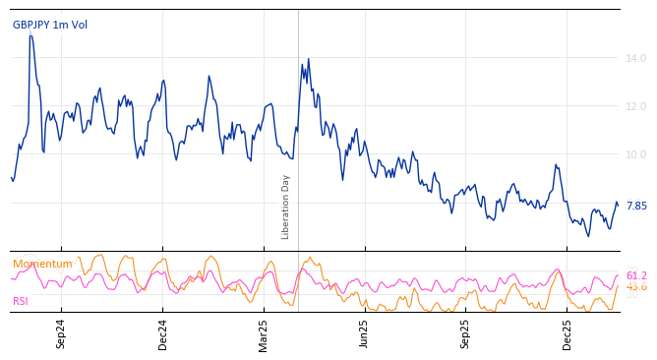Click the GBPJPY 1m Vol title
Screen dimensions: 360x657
pos(50,25)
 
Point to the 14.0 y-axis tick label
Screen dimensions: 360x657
pos(636,59)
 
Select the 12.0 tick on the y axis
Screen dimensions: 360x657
pos(636,106)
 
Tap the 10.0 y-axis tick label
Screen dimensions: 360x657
pos(636,154)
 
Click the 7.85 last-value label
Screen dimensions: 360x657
pos(636,206)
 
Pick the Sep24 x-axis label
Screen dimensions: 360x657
pos(61,333)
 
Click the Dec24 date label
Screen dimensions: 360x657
pos(163,333)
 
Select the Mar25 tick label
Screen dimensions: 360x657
pos(264,333)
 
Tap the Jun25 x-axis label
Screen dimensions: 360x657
pos(364,333)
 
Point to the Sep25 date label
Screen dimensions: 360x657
pos(465,333)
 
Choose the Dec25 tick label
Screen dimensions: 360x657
pos(567,333)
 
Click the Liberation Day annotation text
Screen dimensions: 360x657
pos(286,207)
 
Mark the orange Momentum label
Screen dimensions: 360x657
pos(42,265)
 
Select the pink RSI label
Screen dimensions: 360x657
pos(21,301)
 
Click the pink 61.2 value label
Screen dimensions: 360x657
pos(636,276)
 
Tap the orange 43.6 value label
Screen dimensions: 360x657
pos(636,287)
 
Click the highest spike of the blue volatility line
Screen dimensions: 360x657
pos(30,35)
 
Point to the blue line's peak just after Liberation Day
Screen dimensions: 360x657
pos(308,59)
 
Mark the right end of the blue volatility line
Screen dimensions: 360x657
pos(618,205)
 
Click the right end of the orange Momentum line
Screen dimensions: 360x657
pos(618,286)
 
